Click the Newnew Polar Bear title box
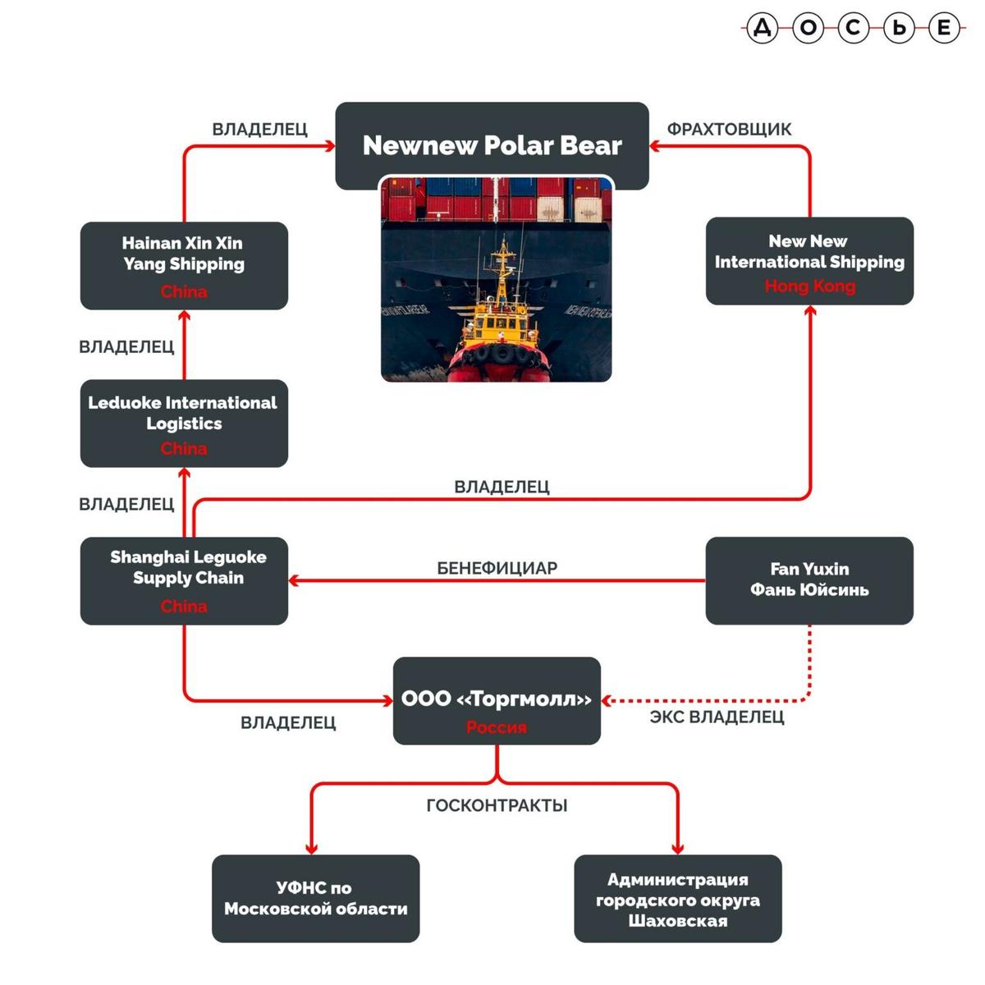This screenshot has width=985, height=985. pos(492,145)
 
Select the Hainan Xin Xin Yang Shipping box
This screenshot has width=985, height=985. pos(184,265)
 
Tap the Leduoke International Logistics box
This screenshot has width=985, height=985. pos(184,423)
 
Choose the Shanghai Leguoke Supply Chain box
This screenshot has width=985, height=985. pos(184,580)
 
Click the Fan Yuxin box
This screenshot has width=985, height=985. pos(809,580)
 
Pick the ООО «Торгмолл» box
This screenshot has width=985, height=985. pos(497,700)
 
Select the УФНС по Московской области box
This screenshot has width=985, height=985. pos(315,898)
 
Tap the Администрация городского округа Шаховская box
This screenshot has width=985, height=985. pos(677,899)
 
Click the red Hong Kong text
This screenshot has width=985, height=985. pos(809,286)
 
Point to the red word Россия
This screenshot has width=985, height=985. pos(497,727)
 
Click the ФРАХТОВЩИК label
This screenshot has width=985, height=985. pos(729,129)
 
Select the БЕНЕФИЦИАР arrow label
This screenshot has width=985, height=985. pos(497,568)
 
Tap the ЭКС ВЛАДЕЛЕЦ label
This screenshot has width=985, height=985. pos(717,717)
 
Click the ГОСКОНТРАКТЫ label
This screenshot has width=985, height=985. pos(497,805)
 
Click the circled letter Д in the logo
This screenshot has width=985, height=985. pos(763,29)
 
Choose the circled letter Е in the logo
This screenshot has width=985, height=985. pos(944,29)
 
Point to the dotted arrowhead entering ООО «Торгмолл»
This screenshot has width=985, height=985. pos(607,700)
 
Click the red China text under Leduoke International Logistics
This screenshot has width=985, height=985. pos(184,448)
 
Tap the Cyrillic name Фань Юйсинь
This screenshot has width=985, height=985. pos(809,590)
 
